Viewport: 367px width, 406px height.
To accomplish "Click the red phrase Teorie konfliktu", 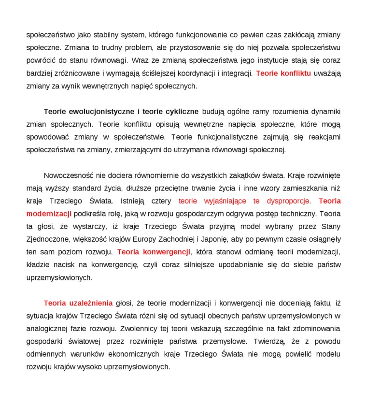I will pos(283,73).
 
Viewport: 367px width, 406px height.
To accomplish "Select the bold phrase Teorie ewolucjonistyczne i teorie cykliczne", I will pos(121,112).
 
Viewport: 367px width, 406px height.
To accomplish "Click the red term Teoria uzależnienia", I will pos(78,303).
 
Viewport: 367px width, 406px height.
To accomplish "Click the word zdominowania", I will pos(316,329).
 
